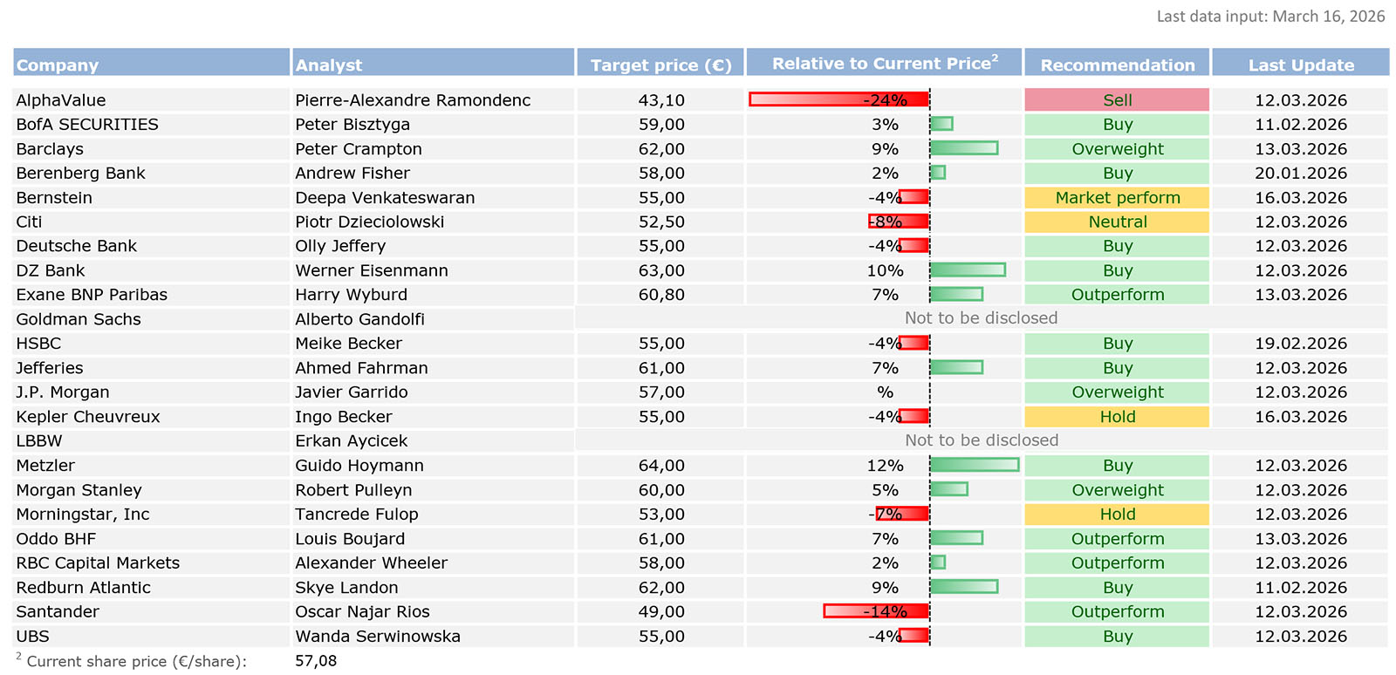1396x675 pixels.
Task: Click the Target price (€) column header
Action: (x=660, y=65)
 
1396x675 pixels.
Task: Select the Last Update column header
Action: (x=1301, y=65)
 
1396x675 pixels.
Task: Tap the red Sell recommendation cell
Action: (x=1117, y=100)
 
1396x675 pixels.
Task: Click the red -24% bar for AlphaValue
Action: (x=838, y=100)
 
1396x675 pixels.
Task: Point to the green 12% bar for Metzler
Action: (x=975, y=466)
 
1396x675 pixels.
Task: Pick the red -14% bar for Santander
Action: (x=876, y=611)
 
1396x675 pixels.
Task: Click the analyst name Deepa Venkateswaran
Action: (x=385, y=198)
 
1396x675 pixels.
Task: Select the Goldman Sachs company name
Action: (x=79, y=319)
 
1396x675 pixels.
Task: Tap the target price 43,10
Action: (x=661, y=100)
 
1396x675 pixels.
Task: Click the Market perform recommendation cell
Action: (x=1117, y=198)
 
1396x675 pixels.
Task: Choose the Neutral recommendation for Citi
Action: (x=1117, y=222)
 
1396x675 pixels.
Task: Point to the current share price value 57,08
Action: (x=316, y=661)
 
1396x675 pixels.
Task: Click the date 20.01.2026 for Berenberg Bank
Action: (x=1301, y=174)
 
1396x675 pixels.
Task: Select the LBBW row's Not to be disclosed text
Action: (x=982, y=440)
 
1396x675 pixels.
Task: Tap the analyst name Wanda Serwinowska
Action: (x=378, y=637)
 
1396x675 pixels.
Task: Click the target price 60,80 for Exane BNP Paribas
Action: (x=661, y=295)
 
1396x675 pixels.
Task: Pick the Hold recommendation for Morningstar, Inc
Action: (x=1117, y=515)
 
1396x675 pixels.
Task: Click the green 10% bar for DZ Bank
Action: (x=968, y=270)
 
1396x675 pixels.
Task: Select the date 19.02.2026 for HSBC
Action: (x=1301, y=344)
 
